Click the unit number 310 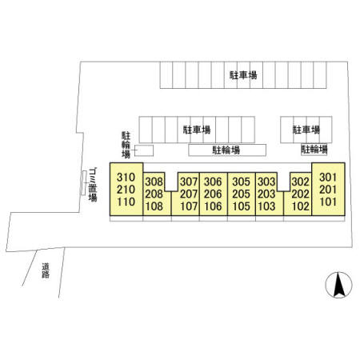coord(126,177)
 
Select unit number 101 coord(328,202)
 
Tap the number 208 coord(154,194)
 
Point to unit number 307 coord(189,182)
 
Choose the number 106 coord(213,206)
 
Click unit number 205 coord(241,194)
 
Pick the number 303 coord(266,182)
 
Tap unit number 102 coord(301,206)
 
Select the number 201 coord(328,190)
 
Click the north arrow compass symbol coord(339,285)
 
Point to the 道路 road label coord(46,270)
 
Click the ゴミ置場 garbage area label coord(93,185)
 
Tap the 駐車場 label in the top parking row coord(243,75)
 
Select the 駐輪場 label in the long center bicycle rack coord(226,150)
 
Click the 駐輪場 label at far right coord(314,149)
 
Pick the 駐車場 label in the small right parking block coord(306,130)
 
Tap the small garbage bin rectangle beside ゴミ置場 coord(84,183)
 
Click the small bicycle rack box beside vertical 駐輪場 coord(144,150)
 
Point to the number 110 coord(126,202)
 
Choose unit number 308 coord(154,182)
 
